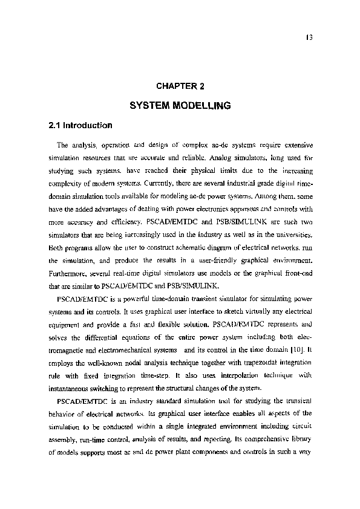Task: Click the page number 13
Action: pyautogui.click(x=309, y=35)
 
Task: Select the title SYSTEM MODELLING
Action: pyautogui.click(x=180, y=105)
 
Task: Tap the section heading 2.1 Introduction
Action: pyautogui.click(x=80, y=126)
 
